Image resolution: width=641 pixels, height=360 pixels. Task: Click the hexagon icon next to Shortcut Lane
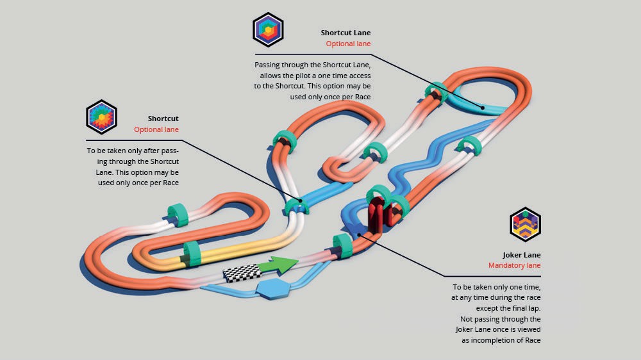268,29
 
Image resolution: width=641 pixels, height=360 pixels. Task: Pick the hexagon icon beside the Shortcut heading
101,117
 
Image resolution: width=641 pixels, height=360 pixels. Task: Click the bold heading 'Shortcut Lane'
345,33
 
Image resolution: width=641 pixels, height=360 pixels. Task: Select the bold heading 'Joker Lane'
522,255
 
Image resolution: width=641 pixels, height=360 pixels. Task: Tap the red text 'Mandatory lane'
514,265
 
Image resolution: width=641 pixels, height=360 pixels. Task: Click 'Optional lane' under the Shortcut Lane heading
348,44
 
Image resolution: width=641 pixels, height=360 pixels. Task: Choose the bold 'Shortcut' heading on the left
163,119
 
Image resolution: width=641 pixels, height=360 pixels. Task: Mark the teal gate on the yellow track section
192,254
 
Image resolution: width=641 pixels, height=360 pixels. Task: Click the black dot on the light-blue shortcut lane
484,108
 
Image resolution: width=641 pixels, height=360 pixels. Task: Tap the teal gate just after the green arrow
343,247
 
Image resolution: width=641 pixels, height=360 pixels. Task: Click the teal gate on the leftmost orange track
176,214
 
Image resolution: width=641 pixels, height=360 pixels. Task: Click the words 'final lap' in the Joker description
525,308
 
